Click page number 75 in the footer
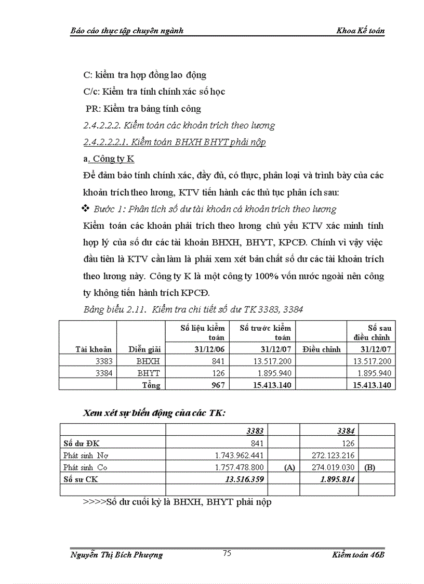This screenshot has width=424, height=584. coord(227,553)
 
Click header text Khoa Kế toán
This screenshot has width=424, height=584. coord(361,31)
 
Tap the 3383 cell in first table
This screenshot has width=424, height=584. coord(103,361)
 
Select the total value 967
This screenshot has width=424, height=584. coord(218,385)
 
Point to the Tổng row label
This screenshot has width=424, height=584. coord(151,385)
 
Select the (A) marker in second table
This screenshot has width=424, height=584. coord(290,468)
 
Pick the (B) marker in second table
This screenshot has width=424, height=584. coord(369,468)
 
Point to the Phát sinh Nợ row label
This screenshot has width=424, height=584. coord(86,455)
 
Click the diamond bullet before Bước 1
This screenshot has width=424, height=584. coord(86,209)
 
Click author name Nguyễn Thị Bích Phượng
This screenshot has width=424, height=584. coord(116,555)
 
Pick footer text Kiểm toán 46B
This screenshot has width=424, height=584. coord(358,555)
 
